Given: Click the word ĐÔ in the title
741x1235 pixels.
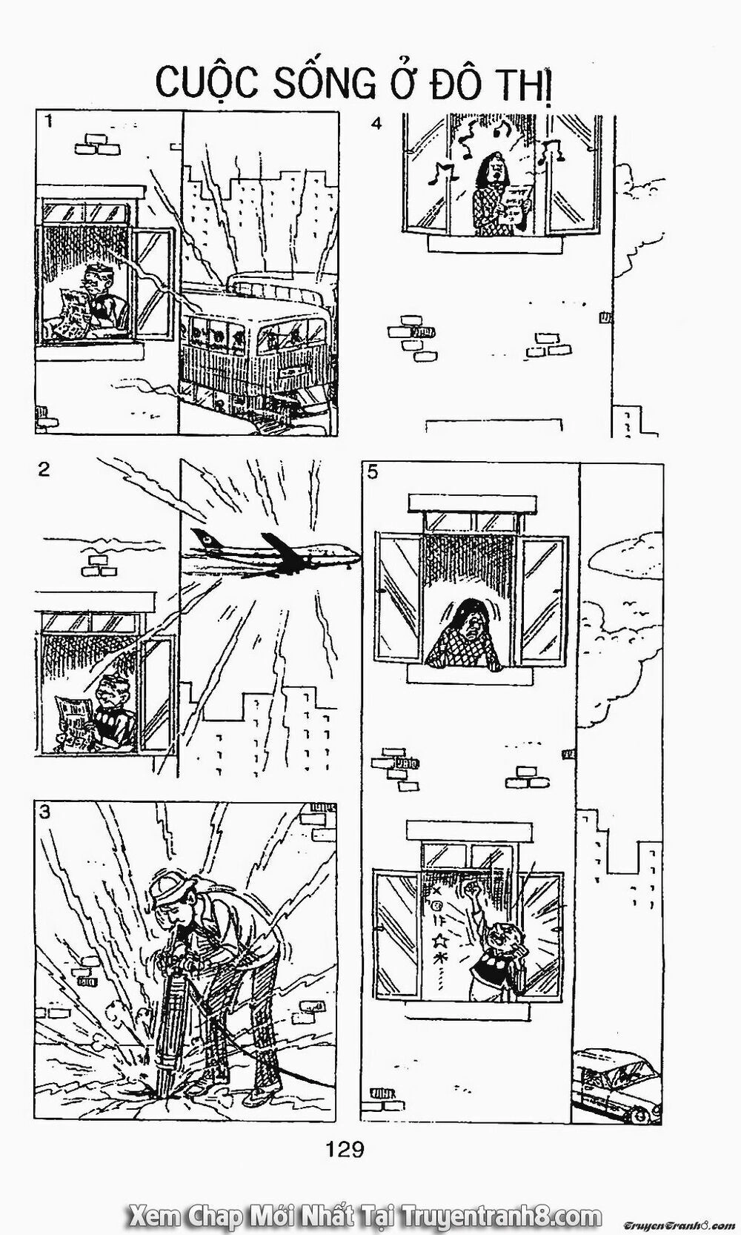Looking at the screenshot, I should click(438, 85).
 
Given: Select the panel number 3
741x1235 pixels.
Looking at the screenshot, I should click(45, 812).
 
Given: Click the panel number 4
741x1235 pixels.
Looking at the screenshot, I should click(376, 124).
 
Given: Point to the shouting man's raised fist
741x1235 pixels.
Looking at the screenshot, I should click(471, 887).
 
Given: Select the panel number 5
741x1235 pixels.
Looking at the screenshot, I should click(372, 472).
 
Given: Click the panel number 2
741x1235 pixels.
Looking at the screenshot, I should click(44, 469).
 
